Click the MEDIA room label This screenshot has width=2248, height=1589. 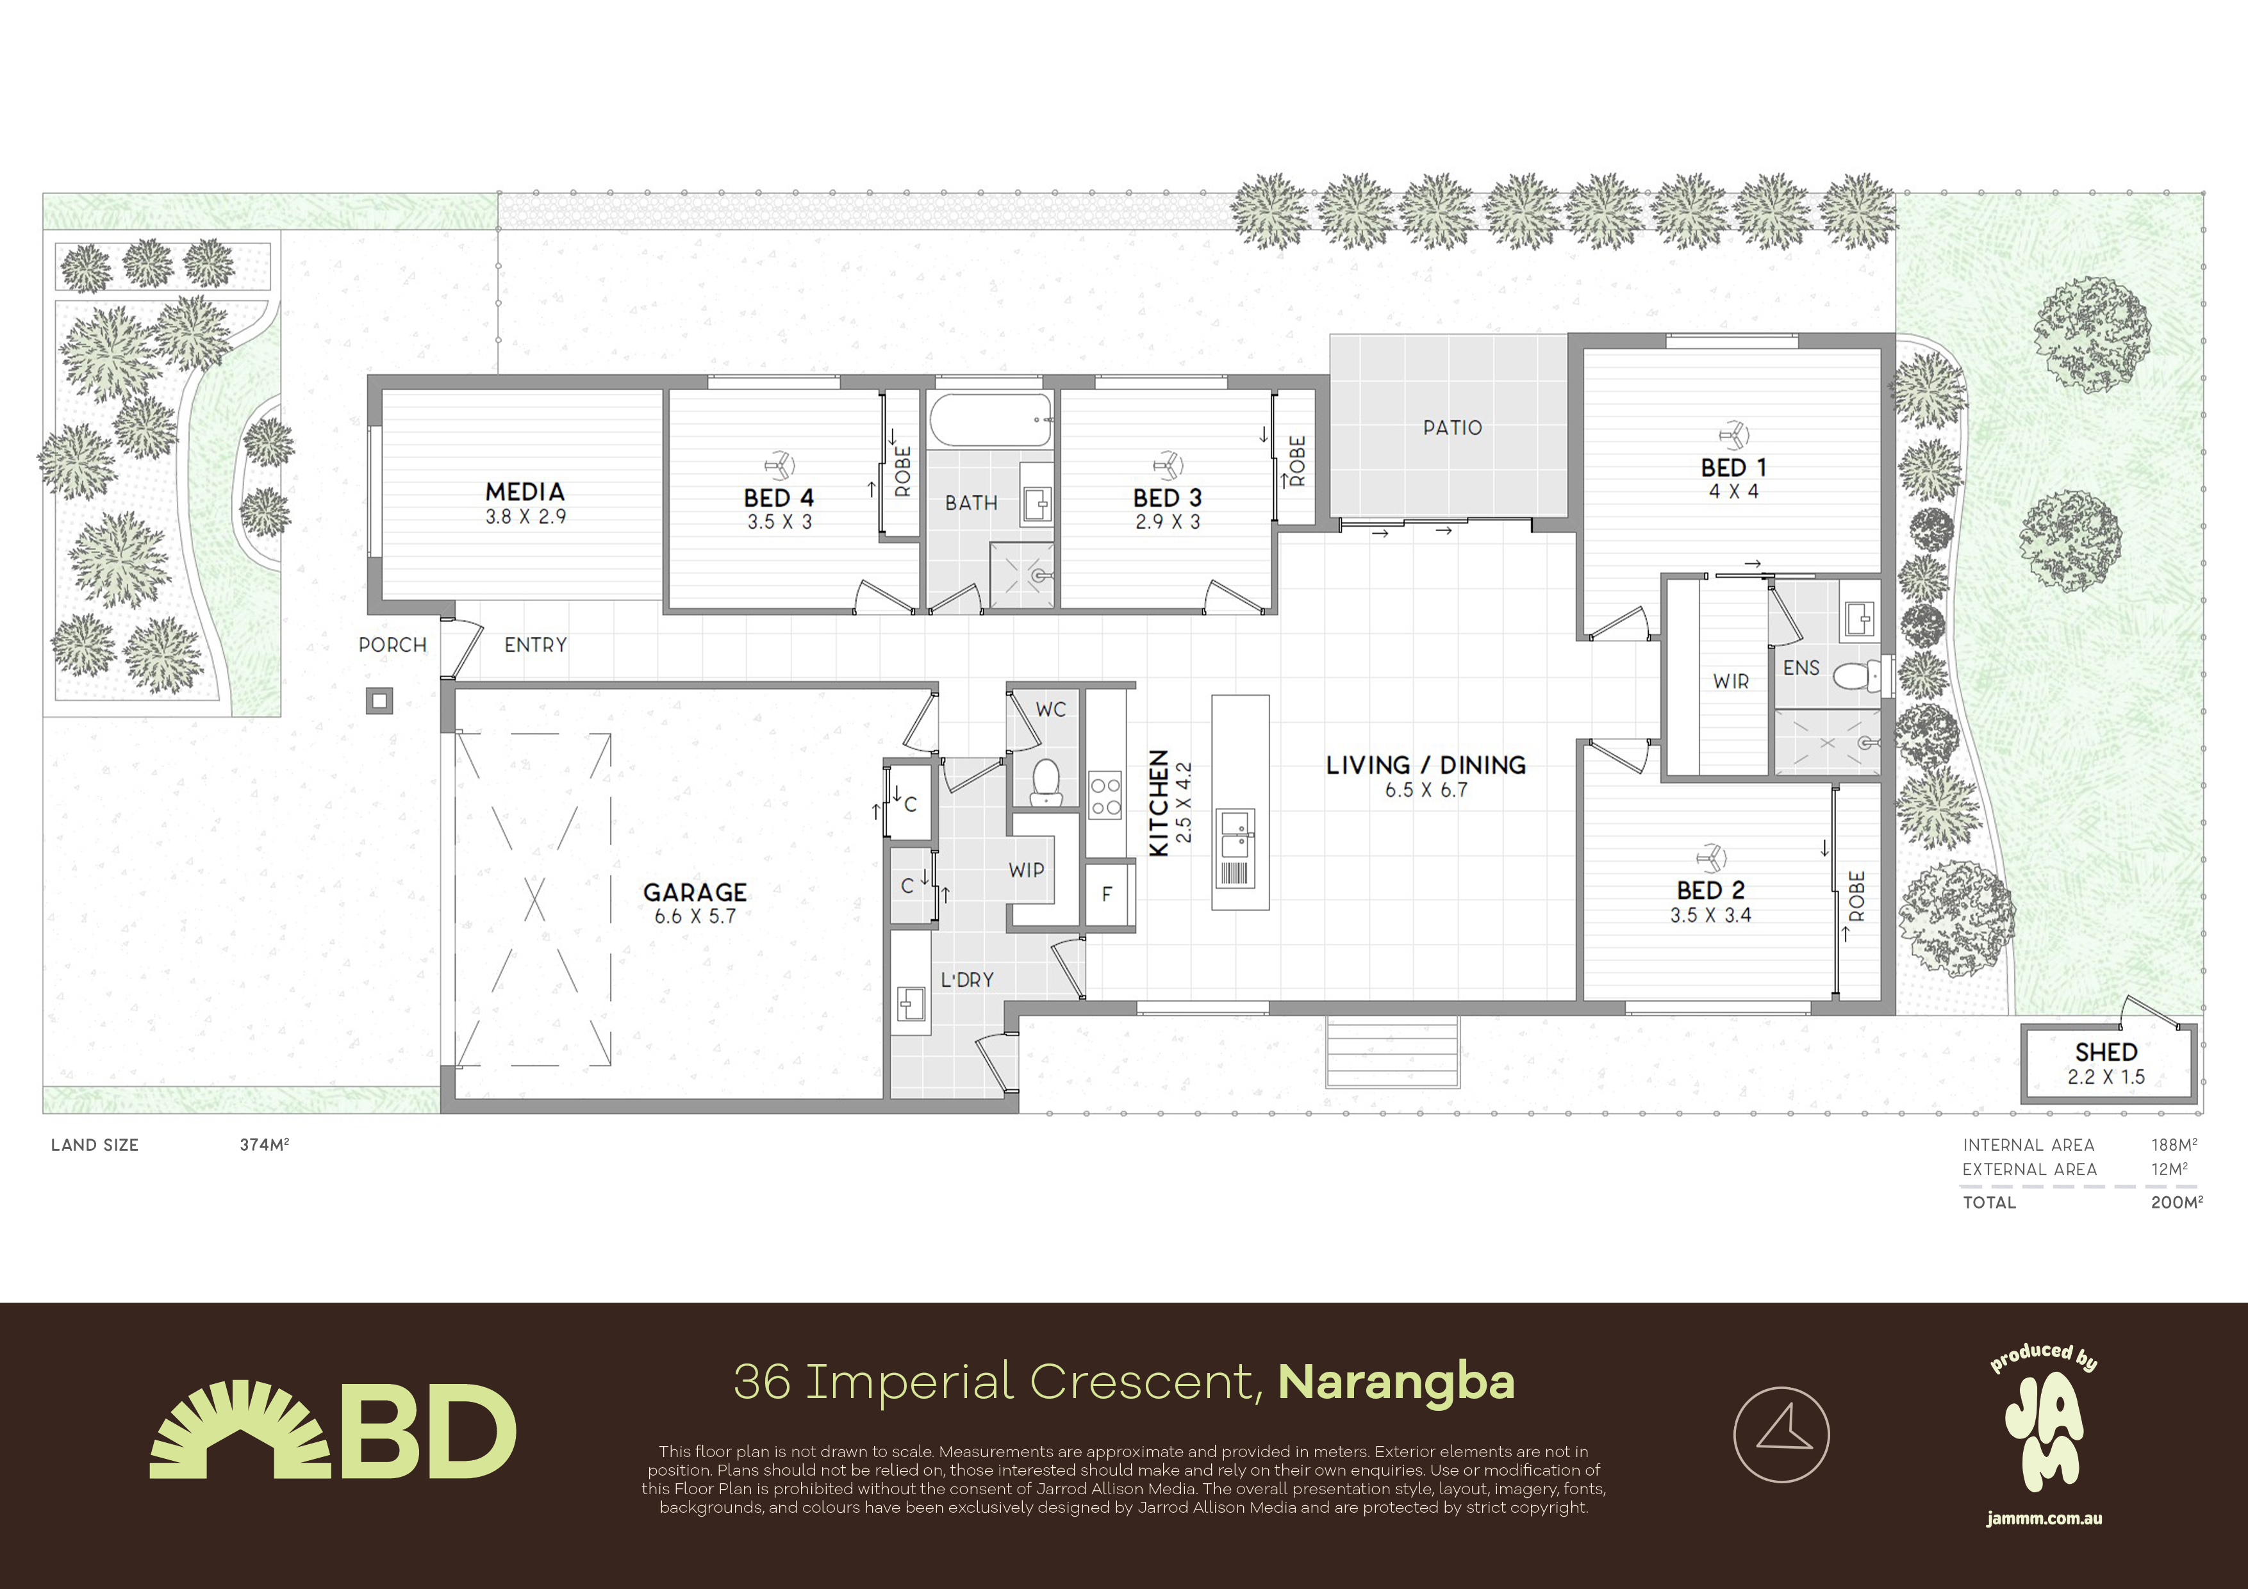click(525, 491)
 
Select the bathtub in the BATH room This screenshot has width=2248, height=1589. click(990, 420)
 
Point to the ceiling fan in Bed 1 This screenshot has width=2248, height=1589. click(1734, 434)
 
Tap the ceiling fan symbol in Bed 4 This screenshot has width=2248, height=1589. click(779, 464)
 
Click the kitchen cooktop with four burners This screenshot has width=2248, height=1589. click(1105, 796)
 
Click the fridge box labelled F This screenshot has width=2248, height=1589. click(1107, 893)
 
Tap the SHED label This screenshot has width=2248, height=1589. click(2106, 1051)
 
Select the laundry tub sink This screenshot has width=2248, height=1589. click(911, 1003)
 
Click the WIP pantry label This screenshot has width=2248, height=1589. click(1026, 869)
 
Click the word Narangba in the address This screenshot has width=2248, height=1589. click(1396, 1381)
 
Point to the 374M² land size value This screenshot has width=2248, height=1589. click(265, 1144)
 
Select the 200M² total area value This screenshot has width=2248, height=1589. click(2176, 1202)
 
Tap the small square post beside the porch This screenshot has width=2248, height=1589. click(380, 701)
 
